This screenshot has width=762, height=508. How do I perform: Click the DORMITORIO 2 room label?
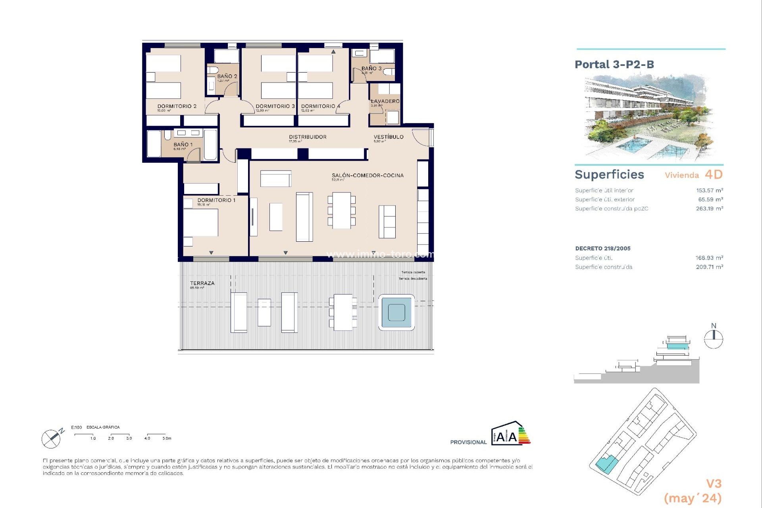(177, 106)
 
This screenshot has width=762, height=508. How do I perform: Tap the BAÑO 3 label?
(371, 69)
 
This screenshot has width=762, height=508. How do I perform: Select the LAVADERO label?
(385, 101)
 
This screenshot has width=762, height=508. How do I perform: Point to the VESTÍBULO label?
(389, 137)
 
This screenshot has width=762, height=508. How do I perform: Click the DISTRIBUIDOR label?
(308, 137)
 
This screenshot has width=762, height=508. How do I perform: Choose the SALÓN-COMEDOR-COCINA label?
(368, 175)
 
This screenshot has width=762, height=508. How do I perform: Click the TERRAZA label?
(202, 283)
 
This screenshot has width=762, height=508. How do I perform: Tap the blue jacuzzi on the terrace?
(396, 312)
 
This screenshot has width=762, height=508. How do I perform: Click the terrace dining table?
(343, 312)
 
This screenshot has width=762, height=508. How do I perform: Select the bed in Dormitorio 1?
(201, 222)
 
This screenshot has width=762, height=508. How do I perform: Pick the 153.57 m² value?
(709, 190)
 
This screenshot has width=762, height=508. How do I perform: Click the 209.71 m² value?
(709, 267)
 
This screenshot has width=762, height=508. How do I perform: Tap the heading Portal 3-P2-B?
(614, 65)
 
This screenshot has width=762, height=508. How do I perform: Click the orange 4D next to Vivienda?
(714, 175)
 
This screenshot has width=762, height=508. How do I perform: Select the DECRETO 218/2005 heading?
(602, 248)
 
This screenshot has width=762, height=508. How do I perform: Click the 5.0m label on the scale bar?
(167, 439)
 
